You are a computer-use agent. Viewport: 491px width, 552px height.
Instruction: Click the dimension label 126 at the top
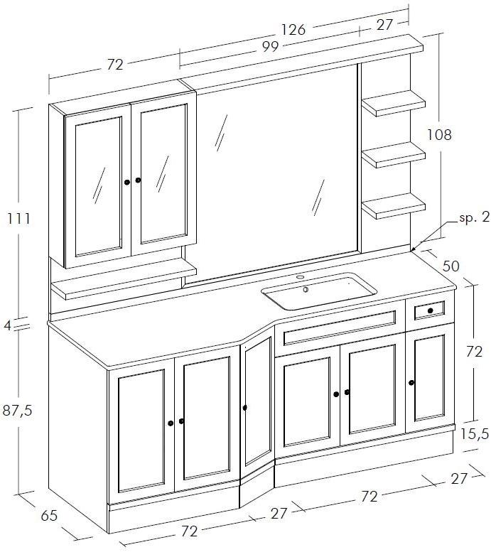(x=293, y=30)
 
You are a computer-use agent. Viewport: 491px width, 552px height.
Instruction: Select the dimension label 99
(x=270, y=47)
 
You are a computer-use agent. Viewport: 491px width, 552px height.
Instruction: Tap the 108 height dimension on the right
(x=439, y=134)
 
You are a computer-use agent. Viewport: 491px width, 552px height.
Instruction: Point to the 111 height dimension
(x=19, y=219)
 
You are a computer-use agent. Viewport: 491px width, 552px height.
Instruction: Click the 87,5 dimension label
(x=18, y=411)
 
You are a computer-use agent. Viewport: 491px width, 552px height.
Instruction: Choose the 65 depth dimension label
(x=49, y=516)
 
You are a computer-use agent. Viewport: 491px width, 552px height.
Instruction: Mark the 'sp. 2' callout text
(x=475, y=217)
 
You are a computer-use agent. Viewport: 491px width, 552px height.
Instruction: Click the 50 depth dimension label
(x=451, y=266)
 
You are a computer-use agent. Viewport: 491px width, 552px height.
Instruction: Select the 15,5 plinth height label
(x=475, y=435)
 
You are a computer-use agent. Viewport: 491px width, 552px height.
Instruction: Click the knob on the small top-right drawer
(x=431, y=310)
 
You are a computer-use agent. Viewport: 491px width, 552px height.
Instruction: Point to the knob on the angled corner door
(x=245, y=408)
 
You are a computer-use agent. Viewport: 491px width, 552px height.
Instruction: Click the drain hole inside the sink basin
(x=306, y=290)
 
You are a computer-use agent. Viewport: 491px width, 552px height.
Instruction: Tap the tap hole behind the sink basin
(x=300, y=277)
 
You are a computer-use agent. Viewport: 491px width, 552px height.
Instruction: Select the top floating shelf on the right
(x=394, y=103)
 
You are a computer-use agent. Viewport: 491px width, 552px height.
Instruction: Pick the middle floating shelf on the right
(x=394, y=155)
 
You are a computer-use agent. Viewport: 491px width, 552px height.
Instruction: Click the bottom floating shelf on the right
(x=394, y=206)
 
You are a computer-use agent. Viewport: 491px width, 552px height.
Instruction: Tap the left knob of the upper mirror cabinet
(x=127, y=183)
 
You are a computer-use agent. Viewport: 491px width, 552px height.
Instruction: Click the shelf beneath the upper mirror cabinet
(x=124, y=280)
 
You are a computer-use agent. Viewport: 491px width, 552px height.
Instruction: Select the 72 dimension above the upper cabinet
(x=115, y=65)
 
